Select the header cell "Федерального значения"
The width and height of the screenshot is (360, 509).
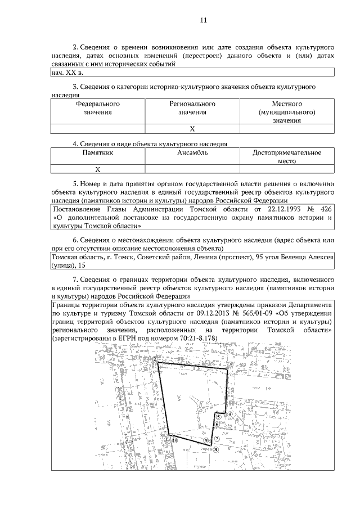[x=98, y=108]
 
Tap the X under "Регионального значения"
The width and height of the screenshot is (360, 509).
[x=192, y=129]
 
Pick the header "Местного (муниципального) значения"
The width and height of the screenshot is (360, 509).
[x=287, y=112]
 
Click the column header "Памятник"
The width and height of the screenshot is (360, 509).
[x=98, y=152]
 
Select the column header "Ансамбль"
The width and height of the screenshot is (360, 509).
[x=192, y=152]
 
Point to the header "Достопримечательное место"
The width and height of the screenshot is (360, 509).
[x=287, y=156]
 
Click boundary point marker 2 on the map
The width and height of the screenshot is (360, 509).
[x=155, y=358]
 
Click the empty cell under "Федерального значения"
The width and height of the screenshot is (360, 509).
[x=98, y=129]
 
